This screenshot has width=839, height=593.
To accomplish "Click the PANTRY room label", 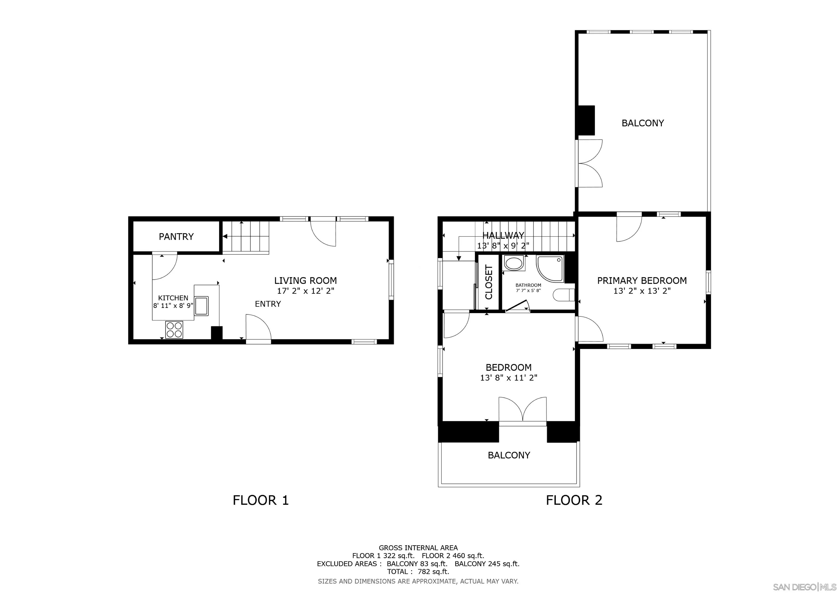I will pyautogui.click(x=176, y=237).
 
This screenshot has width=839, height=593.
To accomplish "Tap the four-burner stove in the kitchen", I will pyautogui.click(x=174, y=329).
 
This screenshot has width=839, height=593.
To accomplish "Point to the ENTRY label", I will pyautogui.click(x=268, y=304).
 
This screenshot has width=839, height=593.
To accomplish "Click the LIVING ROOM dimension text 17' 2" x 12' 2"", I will pyautogui.click(x=306, y=291).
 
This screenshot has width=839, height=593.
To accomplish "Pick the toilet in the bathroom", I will pyautogui.click(x=563, y=295).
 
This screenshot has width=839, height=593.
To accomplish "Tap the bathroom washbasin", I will pyautogui.click(x=514, y=263).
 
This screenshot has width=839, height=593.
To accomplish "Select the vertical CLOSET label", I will pyautogui.click(x=489, y=282).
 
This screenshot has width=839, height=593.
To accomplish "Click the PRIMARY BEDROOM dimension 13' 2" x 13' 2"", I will pyautogui.click(x=642, y=291).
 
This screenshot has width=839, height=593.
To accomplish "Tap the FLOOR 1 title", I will pyautogui.click(x=261, y=500).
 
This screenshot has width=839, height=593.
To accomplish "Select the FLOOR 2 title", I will pyautogui.click(x=574, y=500).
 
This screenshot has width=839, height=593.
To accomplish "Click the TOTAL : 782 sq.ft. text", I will pyautogui.click(x=418, y=572).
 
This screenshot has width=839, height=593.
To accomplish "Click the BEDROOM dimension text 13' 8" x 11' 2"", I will pyautogui.click(x=509, y=378).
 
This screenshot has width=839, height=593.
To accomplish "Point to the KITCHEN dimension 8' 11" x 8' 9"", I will pyautogui.click(x=173, y=306).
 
